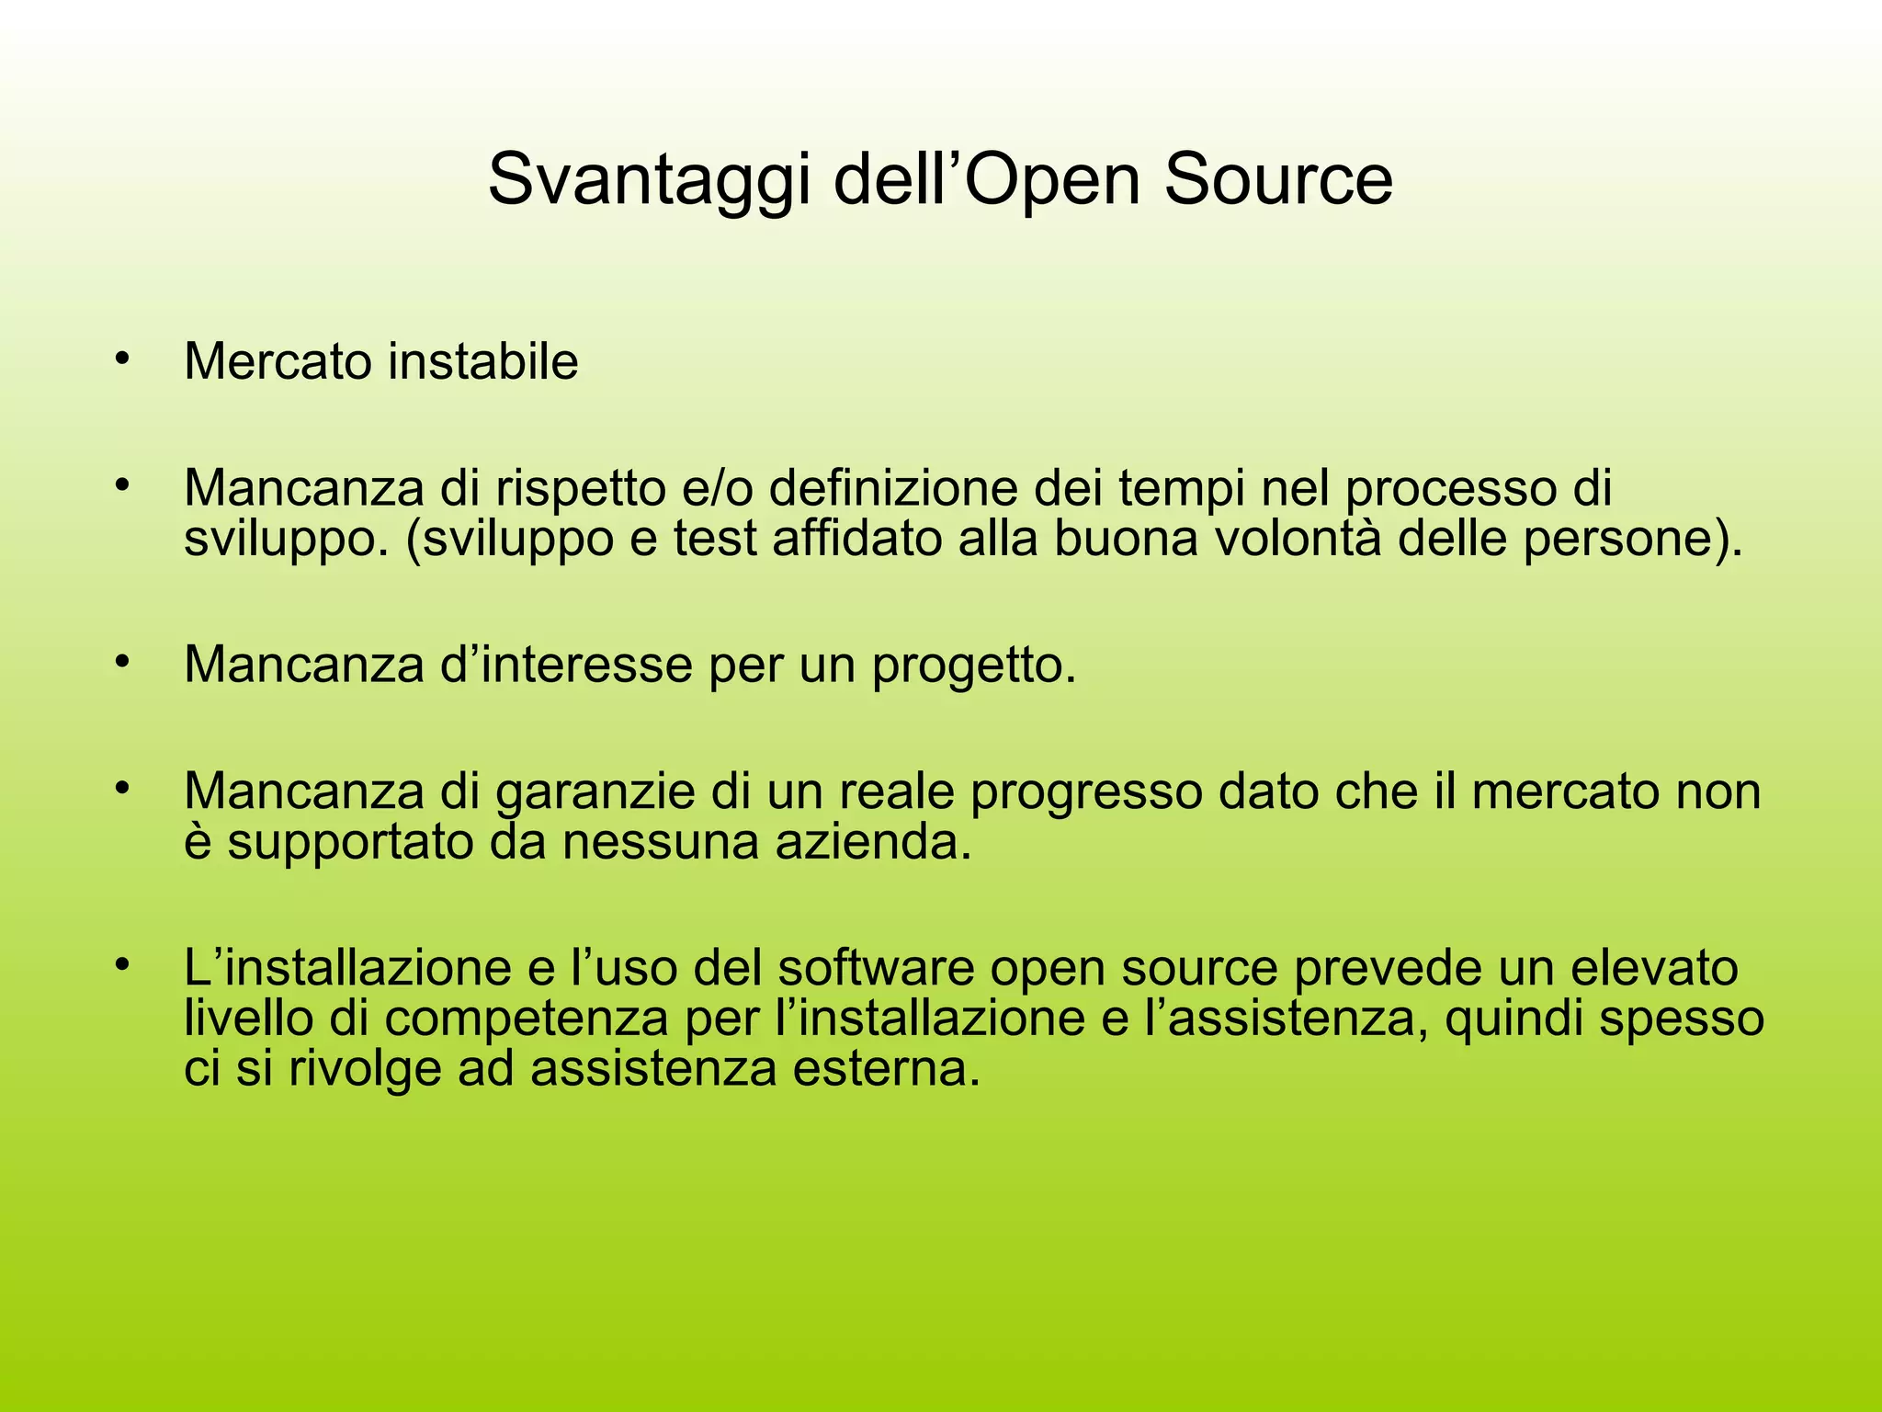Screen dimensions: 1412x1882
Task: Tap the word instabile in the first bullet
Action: (482, 361)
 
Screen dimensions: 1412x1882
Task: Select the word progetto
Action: (974, 666)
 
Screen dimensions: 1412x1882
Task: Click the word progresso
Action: (1087, 792)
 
